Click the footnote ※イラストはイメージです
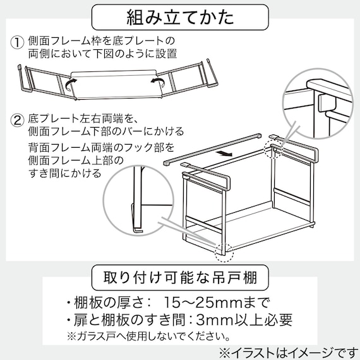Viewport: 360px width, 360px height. click(287, 351)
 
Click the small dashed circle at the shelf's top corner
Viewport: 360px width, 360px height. click(273, 151)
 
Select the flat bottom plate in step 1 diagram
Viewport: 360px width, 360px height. click(114, 82)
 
